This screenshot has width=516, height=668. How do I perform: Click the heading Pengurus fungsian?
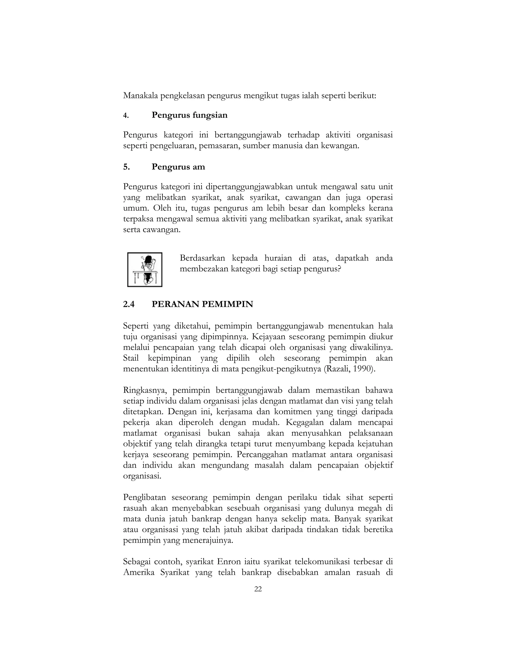[189, 115]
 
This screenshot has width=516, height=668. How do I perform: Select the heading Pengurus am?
[178, 167]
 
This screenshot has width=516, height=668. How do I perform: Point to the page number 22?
[258, 589]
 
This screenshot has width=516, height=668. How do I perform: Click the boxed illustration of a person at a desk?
[145, 269]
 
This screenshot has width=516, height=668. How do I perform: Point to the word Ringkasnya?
[145, 390]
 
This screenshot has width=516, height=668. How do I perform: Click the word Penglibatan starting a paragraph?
[144, 498]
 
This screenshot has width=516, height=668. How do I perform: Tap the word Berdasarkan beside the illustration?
[202, 258]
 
